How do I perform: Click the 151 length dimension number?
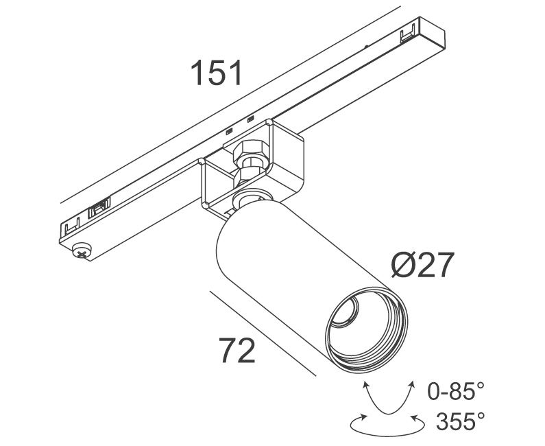(x=216, y=73)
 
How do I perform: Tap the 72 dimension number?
(x=237, y=351)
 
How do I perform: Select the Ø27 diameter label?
(x=423, y=265)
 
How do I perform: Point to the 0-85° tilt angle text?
(x=456, y=390)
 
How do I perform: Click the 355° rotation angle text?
(x=461, y=421)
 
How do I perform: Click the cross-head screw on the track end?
(x=82, y=250)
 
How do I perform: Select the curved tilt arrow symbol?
(x=389, y=397)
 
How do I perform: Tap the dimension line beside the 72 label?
(x=263, y=333)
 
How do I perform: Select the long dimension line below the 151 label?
(x=230, y=104)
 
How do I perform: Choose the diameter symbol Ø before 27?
(x=403, y=265)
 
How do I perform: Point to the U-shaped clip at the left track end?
(x=72, y=226)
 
